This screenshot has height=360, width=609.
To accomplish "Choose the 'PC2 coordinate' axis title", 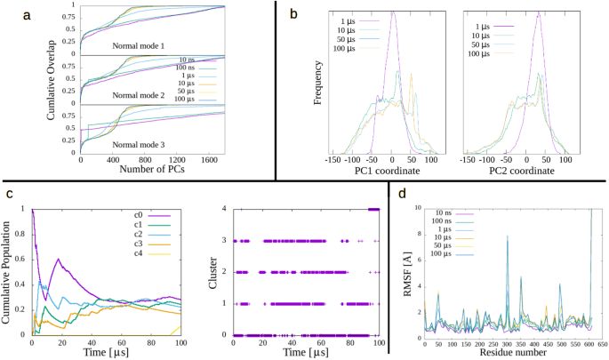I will coord(532,172).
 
